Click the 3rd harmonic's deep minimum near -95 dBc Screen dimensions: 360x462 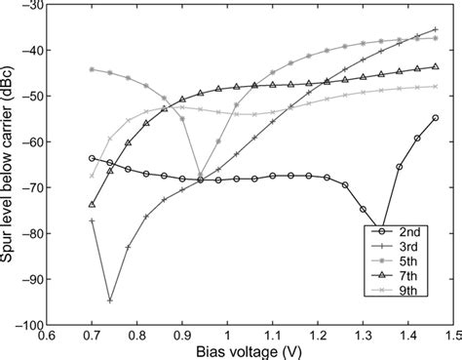pyautogui.click(x=110, y=300)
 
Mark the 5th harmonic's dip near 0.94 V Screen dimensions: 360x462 pyautogui.click(x=200, y=174)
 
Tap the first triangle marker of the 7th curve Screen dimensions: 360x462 pyautogui.click(x=92, y=205)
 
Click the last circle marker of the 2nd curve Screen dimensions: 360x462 pyautogui.click(x=435, y=118)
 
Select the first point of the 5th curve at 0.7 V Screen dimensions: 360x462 pyautogui.click(x=92, y=69)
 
